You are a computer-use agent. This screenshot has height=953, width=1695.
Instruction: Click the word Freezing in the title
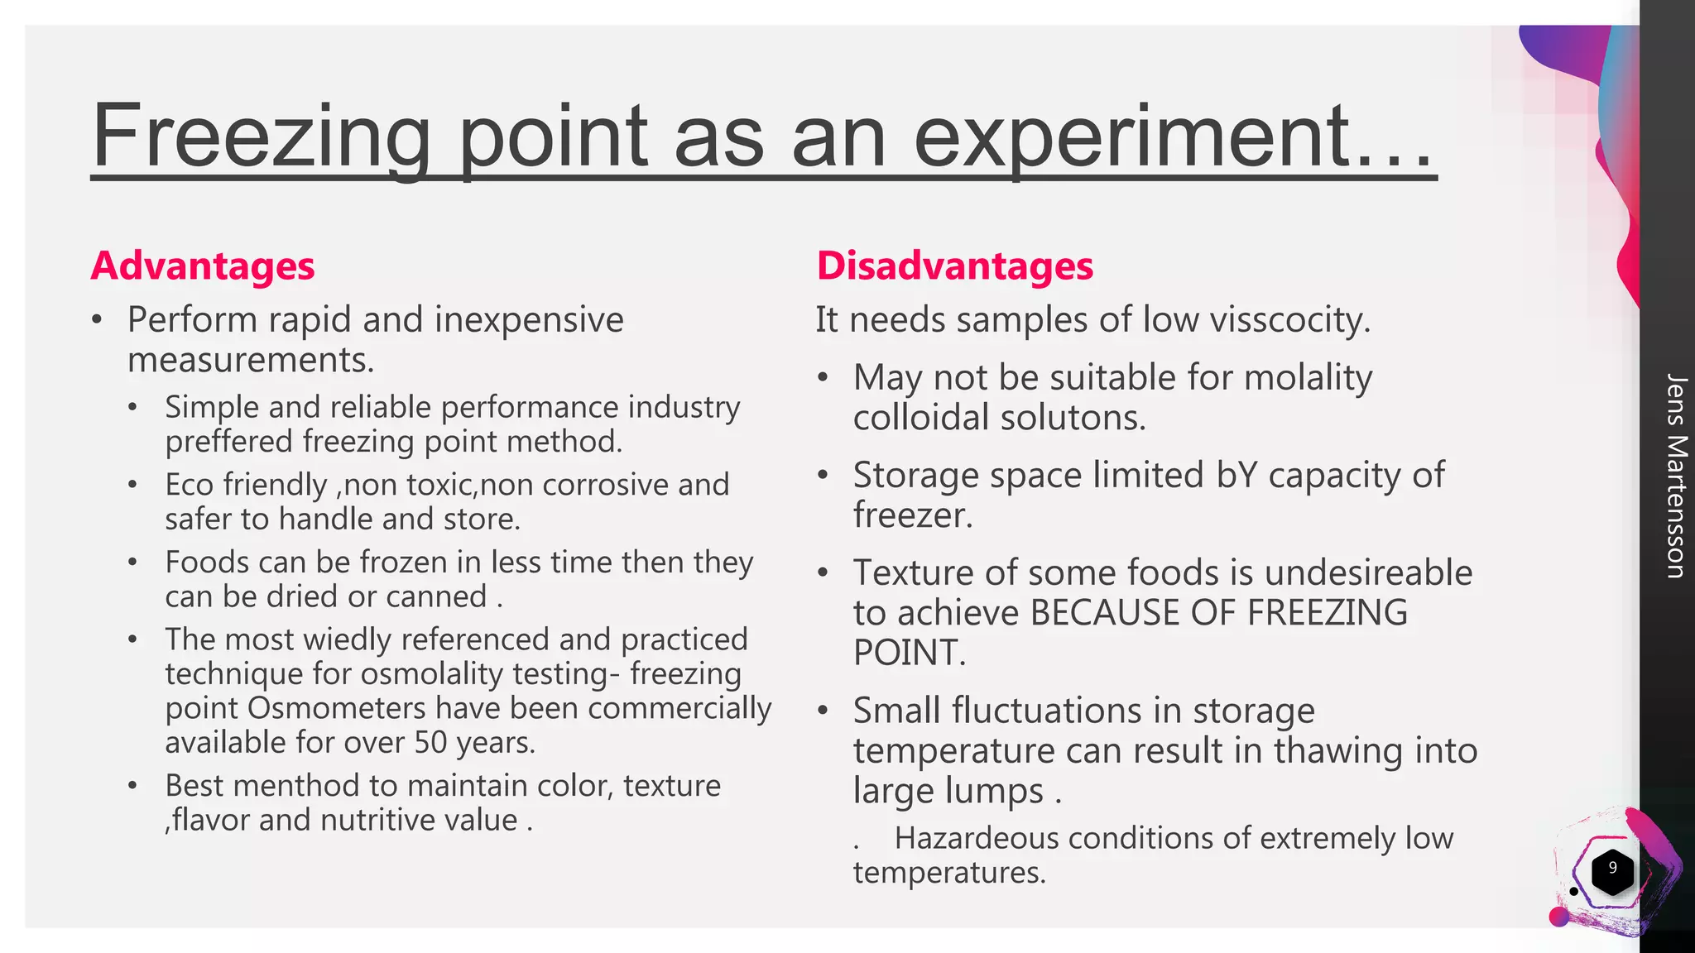coord(261,136)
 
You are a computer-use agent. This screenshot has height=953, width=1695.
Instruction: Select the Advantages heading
coord(203,266)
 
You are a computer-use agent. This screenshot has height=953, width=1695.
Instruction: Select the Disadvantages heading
coord(954,266)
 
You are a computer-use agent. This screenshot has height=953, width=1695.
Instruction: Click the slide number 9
coord(1611,868)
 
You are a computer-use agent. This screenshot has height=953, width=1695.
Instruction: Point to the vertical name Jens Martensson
coord(1674,476)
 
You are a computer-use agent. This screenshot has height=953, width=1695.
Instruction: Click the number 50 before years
coord(430,743)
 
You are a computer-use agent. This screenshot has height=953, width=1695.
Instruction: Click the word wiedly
coord(346,639)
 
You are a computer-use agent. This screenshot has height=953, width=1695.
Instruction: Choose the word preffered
coord(228,442)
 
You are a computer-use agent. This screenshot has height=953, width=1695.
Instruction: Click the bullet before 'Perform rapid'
coord(98,320)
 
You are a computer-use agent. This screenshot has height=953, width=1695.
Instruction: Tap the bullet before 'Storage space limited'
coord(823,476)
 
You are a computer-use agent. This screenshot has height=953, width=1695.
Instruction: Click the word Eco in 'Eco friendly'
coord(189,485)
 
